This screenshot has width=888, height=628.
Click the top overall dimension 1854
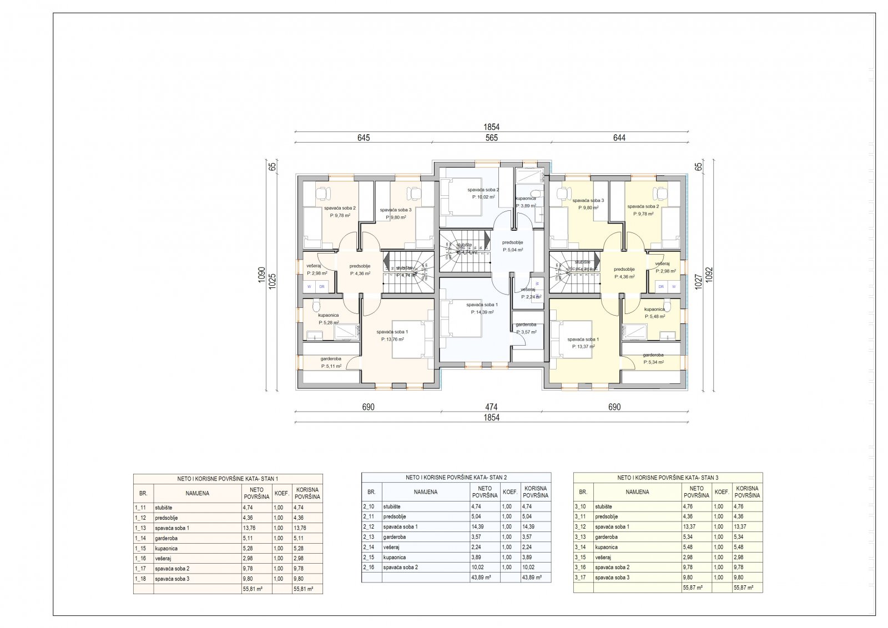[492, 128]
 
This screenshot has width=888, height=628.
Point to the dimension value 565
[492, 138]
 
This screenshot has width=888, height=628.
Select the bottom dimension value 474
[491, 407]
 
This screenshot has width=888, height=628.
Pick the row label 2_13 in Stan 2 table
[369, 537]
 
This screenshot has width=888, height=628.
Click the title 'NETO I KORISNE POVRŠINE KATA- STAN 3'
[668, 477]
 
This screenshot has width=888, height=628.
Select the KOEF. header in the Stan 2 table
[510, 492]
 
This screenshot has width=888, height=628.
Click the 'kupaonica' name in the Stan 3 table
[606, 547]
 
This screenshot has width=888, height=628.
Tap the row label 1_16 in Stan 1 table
[141, 558]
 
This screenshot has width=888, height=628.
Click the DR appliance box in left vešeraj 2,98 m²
[321, 287]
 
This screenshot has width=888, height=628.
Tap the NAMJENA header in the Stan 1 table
[197, 493]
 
